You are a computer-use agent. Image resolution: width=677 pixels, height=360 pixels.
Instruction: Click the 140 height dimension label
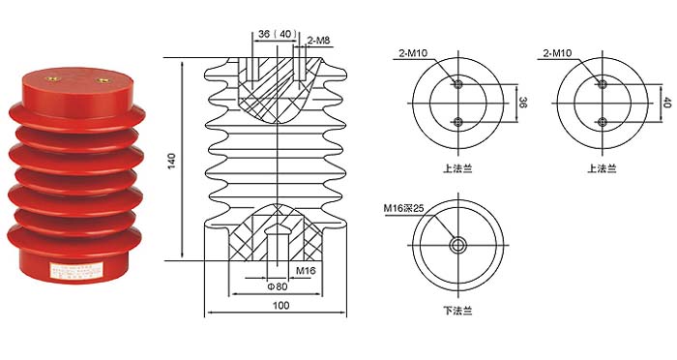click(x=172, y=161)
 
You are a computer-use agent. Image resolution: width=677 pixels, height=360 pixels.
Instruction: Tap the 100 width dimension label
click(x=280, y=306)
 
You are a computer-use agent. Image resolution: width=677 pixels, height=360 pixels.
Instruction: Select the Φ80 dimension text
click(x=278, y=286)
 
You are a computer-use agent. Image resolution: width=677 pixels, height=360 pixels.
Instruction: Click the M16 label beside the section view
click(x=306, y=271)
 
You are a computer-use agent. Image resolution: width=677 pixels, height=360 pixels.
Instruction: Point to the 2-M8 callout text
click(x=318, y=41)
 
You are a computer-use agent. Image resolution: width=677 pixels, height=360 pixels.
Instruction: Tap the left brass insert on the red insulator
click(x=53, y=78)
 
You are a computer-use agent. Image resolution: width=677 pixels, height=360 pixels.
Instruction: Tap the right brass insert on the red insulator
click(x=103, y=80)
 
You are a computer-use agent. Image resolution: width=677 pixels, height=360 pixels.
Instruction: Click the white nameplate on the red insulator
click(x=76, y=269)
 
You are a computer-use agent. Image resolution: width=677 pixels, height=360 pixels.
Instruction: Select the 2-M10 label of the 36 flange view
click(x=413, y=53)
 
